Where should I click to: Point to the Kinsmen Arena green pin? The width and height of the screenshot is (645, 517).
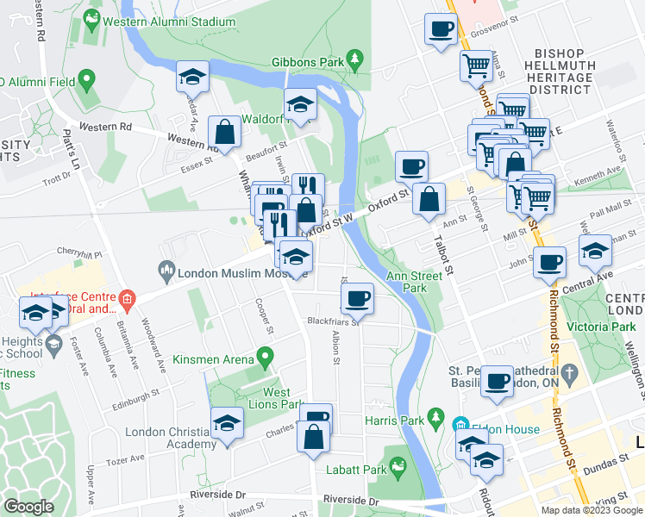pos(266,356)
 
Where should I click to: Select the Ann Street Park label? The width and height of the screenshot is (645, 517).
pos(408,282)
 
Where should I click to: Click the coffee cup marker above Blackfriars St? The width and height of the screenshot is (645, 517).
pos(357,299)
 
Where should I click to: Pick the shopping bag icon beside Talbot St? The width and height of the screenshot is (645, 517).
pos(429,200)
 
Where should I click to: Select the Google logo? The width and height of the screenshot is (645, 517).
pos(29,507)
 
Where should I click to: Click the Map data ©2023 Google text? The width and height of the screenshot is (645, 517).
pos(592,510)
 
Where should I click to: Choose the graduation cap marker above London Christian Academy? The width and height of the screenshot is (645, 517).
pos(227,423)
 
